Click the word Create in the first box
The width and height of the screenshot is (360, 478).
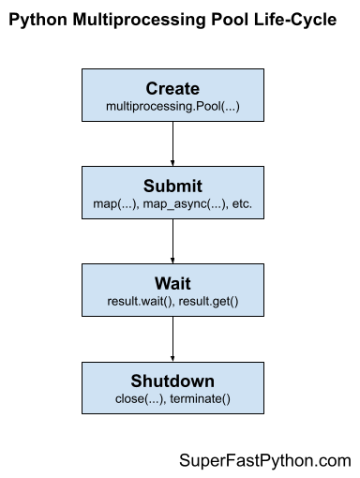[172, 89]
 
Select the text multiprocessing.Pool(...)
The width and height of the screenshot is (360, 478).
[172, 108]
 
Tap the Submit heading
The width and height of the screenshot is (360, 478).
[172, 186]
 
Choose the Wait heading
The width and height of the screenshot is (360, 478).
[172, 283]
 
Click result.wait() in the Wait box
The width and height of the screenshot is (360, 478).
[140, 302]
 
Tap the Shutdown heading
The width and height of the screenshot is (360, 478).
[172, 381]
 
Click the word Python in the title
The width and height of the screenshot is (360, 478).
[45, 22]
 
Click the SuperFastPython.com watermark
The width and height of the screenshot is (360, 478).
[264, 460]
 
